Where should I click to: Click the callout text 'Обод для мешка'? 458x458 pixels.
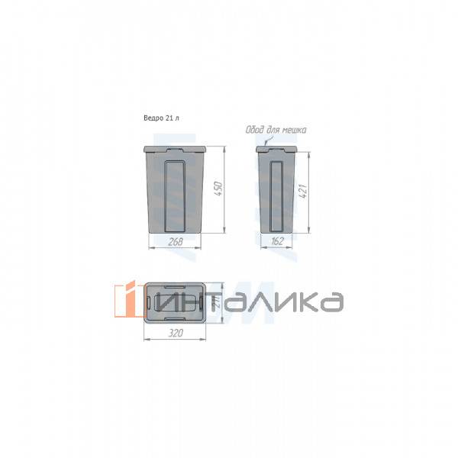(276, 130)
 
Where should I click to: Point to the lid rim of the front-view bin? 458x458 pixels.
(176, 148)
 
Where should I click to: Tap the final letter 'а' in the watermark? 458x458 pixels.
(330, 302)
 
